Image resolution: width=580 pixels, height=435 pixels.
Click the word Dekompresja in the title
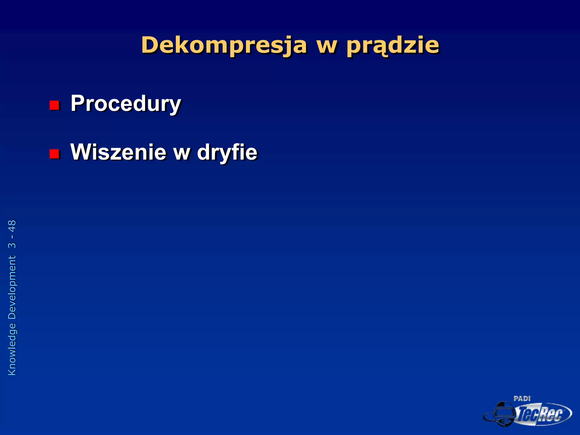click(x=224, y=45)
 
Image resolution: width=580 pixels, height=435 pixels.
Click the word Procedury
click(x=126, y=104)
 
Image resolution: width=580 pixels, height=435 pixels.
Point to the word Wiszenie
click(x=118, y=152)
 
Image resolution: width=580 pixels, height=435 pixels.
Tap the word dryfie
click(x=227, y=153)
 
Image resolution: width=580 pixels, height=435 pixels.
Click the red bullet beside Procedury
click(x=54, y=105)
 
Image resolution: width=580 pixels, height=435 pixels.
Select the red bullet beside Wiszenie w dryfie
click(x=54, y=154)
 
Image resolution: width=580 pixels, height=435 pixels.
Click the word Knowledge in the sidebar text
click(x=12, y=349)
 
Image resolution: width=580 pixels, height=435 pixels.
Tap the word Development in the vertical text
click(x=12, y=287)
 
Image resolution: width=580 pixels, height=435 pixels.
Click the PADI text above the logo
click(x=522, y=399)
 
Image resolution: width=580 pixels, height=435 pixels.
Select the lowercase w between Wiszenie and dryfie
click(x=182, y=153)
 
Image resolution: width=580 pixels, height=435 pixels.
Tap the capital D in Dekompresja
click(x=151, y=45)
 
